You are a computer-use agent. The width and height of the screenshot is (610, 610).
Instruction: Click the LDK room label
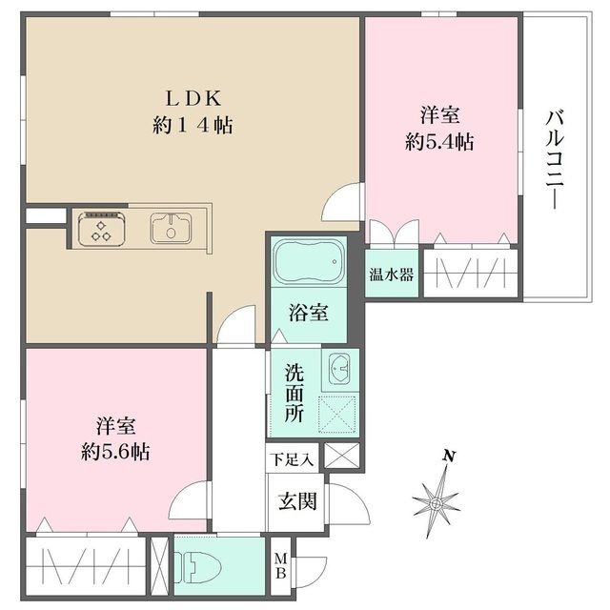coord(193,98)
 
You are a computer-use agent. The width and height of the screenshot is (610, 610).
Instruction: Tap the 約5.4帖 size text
coord(439,142)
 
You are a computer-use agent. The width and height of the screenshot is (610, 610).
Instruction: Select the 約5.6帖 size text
coord(115,452)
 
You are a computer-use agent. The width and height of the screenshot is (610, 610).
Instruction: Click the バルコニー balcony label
coord(554,160)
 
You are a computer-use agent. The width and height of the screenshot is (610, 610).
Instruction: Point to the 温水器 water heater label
coord(391,274)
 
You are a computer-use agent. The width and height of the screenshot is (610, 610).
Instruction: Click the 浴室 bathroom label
coord(309,313)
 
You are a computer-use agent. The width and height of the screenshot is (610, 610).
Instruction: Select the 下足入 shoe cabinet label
coord(292,459)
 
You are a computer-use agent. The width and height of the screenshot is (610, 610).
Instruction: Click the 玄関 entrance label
coord(297,501)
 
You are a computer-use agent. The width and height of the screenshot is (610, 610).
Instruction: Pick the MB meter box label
coord(280,566)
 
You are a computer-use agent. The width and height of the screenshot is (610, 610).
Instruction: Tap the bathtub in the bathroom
coord(309,260)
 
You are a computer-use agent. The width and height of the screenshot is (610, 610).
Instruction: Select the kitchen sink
coord(171,229)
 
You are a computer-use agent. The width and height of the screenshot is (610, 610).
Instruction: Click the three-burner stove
coord(102,229)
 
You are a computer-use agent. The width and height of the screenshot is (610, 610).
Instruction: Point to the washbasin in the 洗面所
coord(339,369)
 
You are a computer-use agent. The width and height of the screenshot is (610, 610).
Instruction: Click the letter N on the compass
coord(449,457)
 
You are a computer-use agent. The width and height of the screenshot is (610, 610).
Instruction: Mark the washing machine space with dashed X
coord(336,415)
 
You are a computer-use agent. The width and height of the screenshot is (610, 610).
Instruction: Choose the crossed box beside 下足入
coord(341,456)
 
